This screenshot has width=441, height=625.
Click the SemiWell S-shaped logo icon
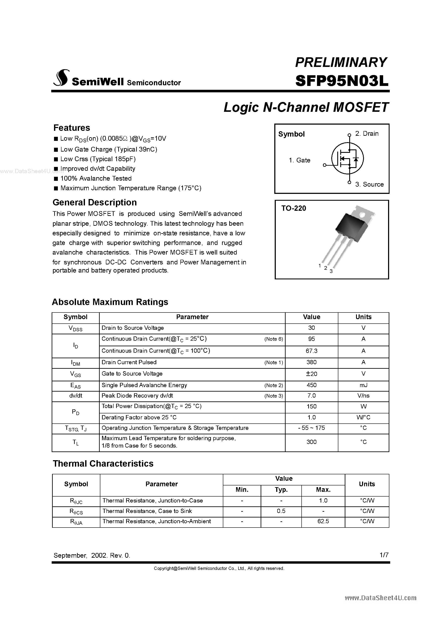[x=61, y=78]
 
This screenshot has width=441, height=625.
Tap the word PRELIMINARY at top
[x=341, y=62]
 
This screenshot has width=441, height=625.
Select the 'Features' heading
[x=72, y=128]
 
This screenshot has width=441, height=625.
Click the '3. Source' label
[x=369, y=184]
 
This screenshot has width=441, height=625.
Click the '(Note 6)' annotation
[x=273, y=339]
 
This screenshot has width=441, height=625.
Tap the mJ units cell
[x=363, y=385]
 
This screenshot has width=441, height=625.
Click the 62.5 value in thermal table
[x=323, y=521]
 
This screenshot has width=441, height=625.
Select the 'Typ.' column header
[x=281, y=490]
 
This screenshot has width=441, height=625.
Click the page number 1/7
[x=384, y=555]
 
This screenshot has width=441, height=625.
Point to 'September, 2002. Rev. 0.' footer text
[x=92, y=555]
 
